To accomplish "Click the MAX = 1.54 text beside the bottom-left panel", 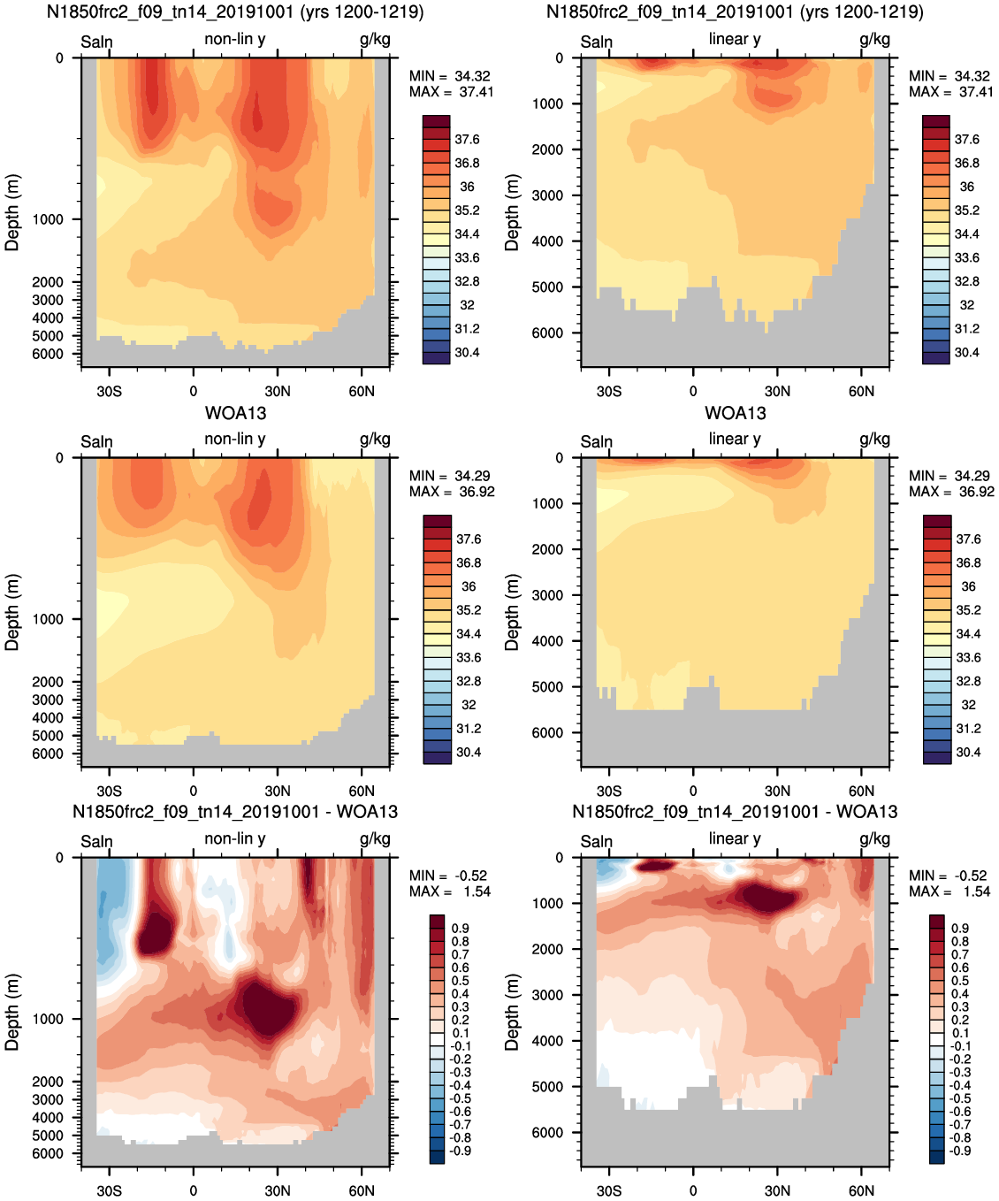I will click(449, 891).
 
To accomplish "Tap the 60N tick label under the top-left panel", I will click(362, 391).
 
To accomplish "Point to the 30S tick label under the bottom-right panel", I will click(609, 1190).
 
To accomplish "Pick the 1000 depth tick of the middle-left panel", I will click(48, 619).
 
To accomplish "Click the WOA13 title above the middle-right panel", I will click(735, 413).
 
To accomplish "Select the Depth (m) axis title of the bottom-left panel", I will click(12, 1012).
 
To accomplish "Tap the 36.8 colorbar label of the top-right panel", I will click(966, 163).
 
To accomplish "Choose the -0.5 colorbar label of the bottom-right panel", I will click(959, 1098).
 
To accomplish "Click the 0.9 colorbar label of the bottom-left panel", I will click(460, 928).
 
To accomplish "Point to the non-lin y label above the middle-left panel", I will click(234, 439).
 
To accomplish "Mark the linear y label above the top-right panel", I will click(735, 39).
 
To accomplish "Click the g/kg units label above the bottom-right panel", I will click(874, 838).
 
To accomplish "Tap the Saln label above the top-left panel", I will click(96, 42).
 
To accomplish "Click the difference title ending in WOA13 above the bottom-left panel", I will click(235, 812).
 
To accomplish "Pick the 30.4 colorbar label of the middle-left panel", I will click(469, 752).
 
